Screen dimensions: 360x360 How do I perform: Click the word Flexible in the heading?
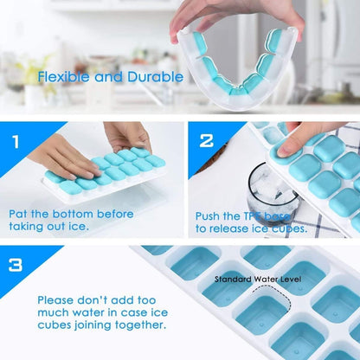tap(64, 76)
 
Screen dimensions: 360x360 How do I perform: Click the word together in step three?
tap(136, 325)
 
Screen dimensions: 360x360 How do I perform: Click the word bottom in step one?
tap(85, 212)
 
